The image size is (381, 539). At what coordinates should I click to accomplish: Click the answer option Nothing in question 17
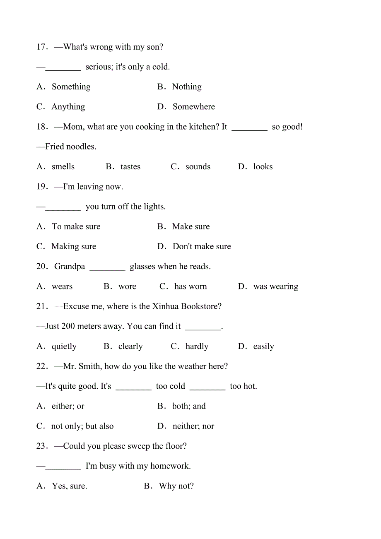coord(186,87)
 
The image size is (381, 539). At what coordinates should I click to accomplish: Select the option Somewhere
coord(193,107)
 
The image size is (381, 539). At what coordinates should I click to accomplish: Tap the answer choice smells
coord(63,167)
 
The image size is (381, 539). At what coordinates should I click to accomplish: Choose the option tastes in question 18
coord(130,167)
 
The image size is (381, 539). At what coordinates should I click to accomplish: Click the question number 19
coord(42,187)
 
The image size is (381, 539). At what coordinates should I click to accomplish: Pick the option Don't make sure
coord(202,247)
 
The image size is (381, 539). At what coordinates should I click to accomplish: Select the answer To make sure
coord(76,227)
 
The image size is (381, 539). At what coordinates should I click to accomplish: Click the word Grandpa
coord(70,267)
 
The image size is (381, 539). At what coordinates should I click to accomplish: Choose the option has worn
coord(190,286)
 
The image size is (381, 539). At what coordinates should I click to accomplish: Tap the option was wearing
coord(275,286)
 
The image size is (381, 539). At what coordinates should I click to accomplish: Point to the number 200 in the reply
coord(68,326)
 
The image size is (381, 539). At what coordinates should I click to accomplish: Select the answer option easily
coord(263,346)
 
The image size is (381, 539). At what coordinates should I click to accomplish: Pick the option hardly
coord(197,346)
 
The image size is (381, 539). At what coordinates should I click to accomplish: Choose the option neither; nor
coord(193,426)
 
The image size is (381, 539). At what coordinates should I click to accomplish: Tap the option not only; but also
coord(82,426)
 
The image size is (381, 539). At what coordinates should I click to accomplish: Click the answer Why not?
coord(176,486)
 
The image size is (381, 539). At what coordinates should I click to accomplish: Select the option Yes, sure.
coord(69,486)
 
